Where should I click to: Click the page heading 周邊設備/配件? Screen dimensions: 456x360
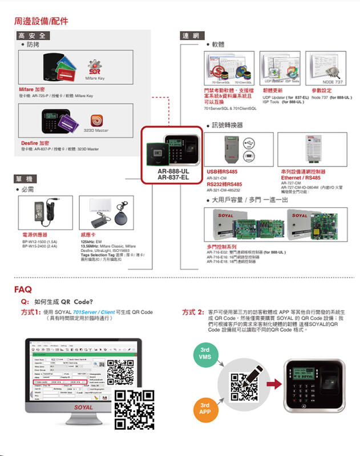coord(41,22)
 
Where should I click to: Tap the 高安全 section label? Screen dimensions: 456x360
coord(34,35)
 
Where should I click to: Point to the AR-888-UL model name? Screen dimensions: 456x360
coord(173,170)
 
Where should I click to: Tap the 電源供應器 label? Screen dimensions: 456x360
coord(35,234)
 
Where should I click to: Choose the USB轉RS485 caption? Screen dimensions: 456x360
coord(222,171)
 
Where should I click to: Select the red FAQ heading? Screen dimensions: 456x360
coord(23,289)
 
